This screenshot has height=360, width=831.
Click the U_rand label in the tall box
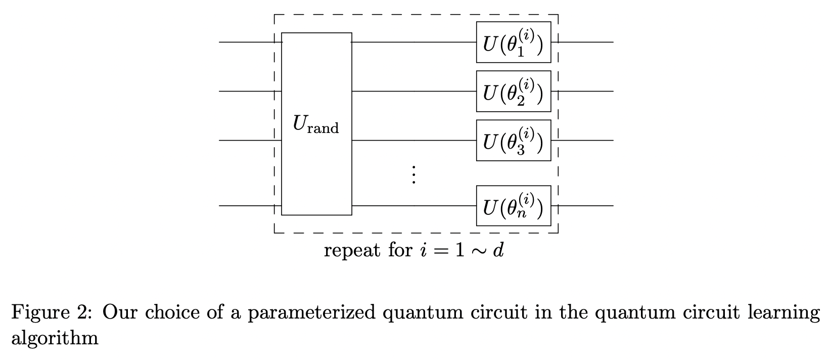pos(315,124)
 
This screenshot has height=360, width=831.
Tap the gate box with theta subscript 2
pos(513,91)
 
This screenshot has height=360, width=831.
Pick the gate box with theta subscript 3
pos(513,140)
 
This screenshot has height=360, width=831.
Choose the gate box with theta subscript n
pos(513,206)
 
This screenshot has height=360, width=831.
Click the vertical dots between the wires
pos(413,175)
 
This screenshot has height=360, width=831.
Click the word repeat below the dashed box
pos(352,250)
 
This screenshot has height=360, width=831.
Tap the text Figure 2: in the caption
pos(52,312)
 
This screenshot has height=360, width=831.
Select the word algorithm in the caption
pos(55,337)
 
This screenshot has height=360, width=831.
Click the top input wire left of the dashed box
pos(245,42)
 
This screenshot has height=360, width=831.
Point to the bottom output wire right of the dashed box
pos(586,206)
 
